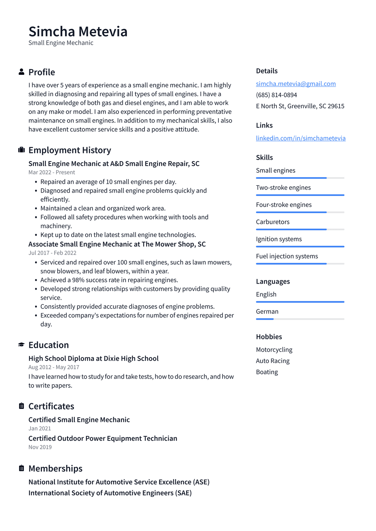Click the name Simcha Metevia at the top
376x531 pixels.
pos(78,32)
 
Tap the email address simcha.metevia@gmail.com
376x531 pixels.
pos(296,84)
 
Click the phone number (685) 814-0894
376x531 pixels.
pos(276,95)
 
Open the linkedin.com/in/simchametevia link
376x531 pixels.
pos(300,138)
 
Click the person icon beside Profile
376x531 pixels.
pos(22,72)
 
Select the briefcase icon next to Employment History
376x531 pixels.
pos(22,150)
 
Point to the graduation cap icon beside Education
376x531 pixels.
pos(22,345)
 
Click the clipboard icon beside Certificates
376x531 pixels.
pos(22,406)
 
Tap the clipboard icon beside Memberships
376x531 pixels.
pos(22,468)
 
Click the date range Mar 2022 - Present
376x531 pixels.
pos(52,172)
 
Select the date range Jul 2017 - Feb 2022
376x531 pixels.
pos(53,253)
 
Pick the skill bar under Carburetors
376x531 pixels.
pos(300,229)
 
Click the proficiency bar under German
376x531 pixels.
pos(300,319)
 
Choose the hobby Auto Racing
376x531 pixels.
pos(272,361)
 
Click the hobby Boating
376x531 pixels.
pos(267,372)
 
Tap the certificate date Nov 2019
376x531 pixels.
pos(40,447)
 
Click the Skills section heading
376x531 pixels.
pos(264,157)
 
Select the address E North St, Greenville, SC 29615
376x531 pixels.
pos(300,106)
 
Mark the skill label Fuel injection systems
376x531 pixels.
pos(287,256)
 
